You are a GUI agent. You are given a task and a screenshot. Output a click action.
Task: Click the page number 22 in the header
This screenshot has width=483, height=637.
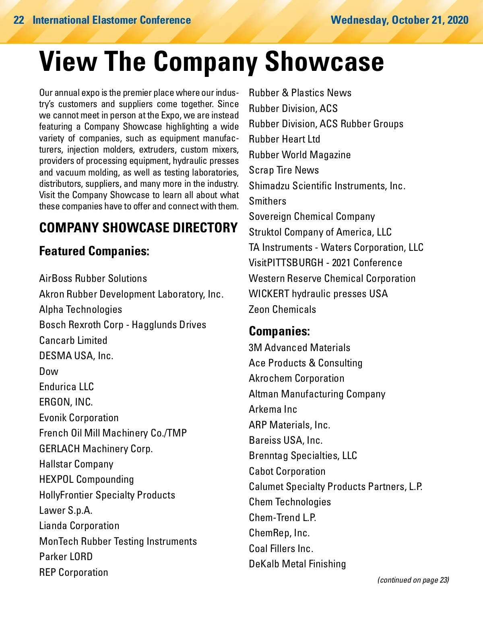pos(19,20)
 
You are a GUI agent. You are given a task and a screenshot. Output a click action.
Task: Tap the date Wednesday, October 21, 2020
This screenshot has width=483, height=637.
pos(399,20)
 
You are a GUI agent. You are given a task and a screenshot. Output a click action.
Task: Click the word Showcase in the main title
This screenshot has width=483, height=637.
pos(324,62)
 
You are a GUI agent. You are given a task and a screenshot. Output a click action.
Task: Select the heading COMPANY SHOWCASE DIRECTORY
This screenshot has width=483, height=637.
pos(138,228)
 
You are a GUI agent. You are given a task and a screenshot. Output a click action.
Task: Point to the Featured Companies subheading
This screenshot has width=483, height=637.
pos(94,251)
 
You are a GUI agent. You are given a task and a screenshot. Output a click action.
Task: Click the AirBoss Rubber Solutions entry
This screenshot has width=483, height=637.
pos(93,279)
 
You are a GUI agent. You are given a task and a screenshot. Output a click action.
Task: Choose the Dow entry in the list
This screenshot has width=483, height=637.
pos(49,371)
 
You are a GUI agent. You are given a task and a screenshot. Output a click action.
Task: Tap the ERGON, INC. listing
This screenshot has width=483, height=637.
pos(66,402)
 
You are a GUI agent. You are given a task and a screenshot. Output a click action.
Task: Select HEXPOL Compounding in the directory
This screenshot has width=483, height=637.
pos(87,480)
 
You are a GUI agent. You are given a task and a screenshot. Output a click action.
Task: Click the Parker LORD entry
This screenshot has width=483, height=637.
pos(66,557)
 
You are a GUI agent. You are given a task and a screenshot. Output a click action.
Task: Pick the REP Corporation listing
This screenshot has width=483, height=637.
pos(74,573)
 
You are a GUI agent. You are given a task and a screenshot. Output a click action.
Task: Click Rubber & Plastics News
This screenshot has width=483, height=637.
pos(300,93)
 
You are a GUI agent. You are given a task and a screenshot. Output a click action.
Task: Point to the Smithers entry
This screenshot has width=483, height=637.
pos(268,201)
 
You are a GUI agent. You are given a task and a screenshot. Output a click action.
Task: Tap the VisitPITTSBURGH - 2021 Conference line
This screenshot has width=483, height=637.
pos(325,263)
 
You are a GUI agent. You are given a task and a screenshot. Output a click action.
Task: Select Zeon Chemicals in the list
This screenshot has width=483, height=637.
pos(282,310)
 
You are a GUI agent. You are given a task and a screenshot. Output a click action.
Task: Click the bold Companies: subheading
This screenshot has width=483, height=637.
pos(279,331)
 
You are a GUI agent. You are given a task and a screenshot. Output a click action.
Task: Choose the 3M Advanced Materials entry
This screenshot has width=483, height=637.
pos(299,348)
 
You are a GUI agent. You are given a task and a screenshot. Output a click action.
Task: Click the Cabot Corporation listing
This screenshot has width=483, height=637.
pos(287,472)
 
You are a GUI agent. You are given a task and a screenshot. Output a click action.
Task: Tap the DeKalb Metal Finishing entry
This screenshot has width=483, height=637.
pos(297,564)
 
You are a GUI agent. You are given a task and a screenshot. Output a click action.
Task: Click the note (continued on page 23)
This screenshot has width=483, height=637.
pos(413,580)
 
